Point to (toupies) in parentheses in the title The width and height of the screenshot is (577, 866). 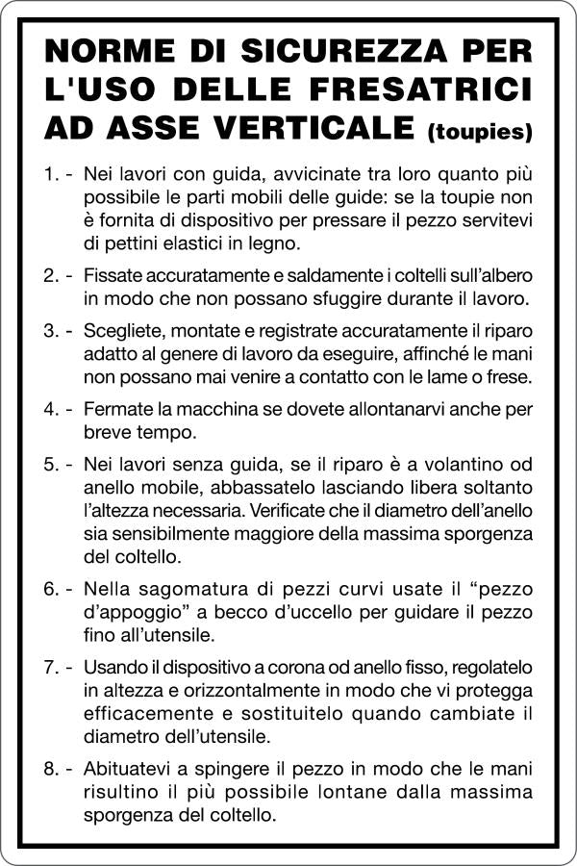478,129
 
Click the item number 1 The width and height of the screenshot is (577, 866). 51,176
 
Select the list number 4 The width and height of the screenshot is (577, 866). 51,409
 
